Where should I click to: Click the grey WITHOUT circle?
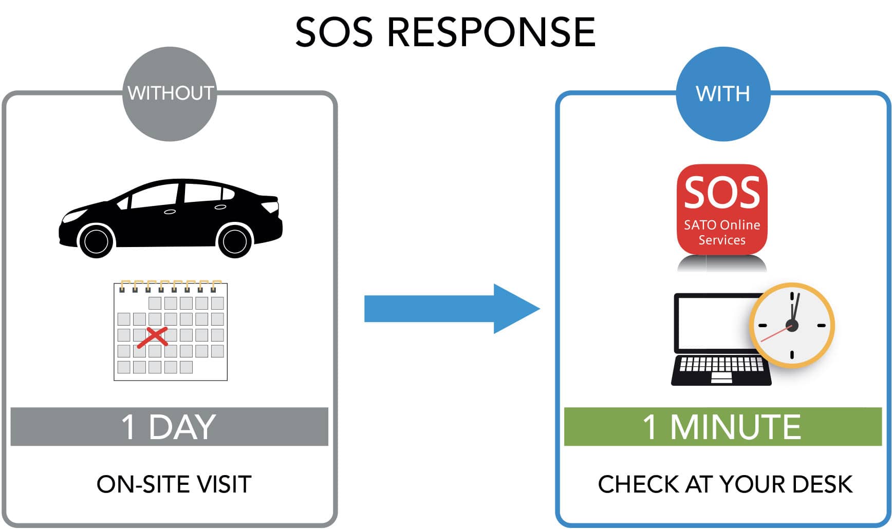coord(170,93)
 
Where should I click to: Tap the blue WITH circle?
coord(722,93)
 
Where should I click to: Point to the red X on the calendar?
coord(153,337)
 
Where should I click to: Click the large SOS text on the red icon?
coord(722,193)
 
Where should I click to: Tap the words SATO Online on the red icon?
coord(722,225)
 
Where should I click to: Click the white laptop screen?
coord(712,324)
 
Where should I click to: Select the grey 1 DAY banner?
coord(169,426)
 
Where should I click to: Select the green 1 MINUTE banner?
coord(722,426)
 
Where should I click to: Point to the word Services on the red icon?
coord(722,240)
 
